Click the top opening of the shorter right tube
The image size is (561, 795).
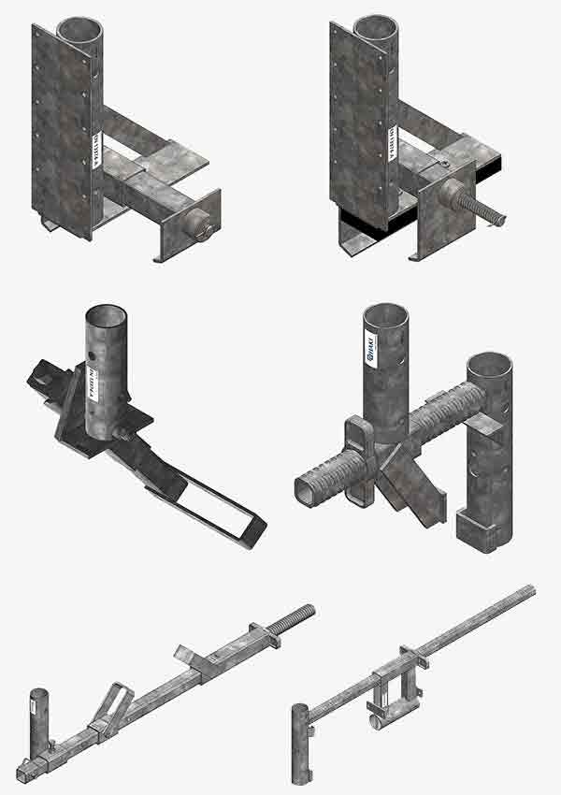coord(490,365)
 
